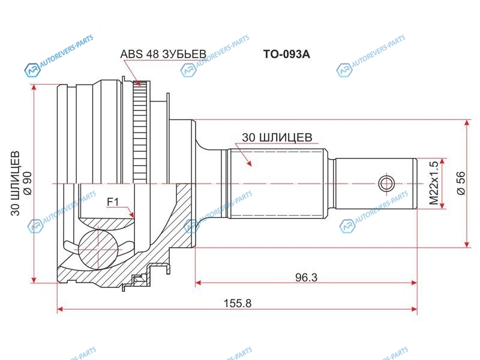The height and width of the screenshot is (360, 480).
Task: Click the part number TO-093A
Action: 287,54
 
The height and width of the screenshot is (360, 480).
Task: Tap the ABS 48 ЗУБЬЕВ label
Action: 163,54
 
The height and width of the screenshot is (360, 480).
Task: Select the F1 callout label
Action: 113,202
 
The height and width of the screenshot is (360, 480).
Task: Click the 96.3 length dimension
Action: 306,277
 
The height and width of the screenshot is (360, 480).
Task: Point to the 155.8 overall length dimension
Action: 238,304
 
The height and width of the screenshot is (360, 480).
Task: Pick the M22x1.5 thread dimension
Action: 434,184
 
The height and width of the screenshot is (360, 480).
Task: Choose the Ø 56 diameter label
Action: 461,183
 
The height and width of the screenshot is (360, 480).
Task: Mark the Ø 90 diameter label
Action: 27,183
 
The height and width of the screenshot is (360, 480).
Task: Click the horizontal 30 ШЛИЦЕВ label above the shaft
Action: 277,137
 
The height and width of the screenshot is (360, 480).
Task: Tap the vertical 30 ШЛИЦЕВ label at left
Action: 15,183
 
